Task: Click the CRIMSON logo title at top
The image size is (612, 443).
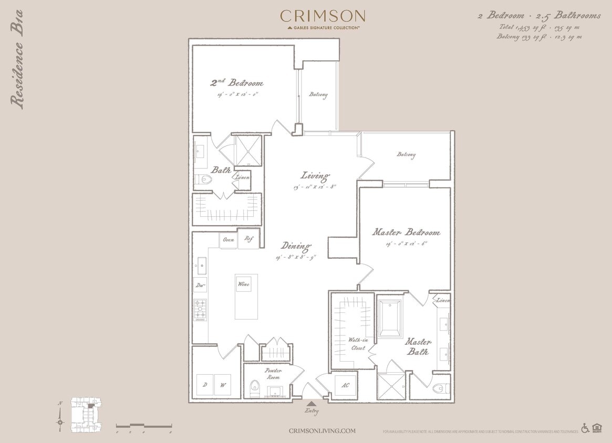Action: tap(323, 16)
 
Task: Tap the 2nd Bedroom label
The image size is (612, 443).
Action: tap(237, 83)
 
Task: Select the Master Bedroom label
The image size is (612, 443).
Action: tap(406, 232)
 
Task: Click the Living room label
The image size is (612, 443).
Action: tap(315, 175)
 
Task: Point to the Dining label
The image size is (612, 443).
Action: tap(296, 246)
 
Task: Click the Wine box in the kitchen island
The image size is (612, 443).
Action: tap(243, 284)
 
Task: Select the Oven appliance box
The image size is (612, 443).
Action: tap(229, 240)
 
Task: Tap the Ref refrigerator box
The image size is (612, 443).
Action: tap(248, 239)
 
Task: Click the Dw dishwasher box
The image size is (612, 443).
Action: tap(200, 286)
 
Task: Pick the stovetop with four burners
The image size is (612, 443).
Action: tap(200, 310)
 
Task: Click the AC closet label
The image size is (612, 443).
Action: tap(345, 385)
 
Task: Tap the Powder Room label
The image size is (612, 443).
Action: tap(273, 373)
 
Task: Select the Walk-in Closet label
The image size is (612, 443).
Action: tap(358, 344)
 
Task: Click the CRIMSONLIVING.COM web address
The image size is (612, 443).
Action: tap(322, 431)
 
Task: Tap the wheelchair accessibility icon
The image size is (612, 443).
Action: tap(585, 428)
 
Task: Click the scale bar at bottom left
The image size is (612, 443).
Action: tap(144, 425)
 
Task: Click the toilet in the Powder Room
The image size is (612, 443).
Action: tap(255, 387)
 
